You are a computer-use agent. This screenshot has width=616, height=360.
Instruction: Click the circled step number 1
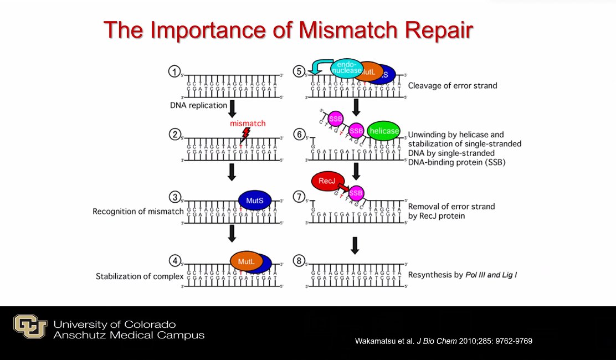tap(174, 72)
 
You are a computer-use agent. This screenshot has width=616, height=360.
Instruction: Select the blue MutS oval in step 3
tap(255, 200)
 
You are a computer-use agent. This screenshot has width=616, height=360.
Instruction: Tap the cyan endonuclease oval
tap(347, 68)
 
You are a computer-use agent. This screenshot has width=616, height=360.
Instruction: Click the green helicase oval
tap(384, 131)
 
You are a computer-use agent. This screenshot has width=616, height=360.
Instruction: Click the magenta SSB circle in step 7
tap(356, 192)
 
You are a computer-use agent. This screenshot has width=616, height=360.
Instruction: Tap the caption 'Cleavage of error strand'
tap(452, 86)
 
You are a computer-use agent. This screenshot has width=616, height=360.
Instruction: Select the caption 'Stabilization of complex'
tap(140, 276)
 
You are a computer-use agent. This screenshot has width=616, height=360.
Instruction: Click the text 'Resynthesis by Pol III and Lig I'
tap(463, 275)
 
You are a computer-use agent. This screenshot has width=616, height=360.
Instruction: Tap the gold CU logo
tap(30, 326)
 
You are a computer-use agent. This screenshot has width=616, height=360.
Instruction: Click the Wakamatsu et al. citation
tap(443, 341)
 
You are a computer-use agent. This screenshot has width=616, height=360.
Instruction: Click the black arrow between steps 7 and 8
tap(355, 244)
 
